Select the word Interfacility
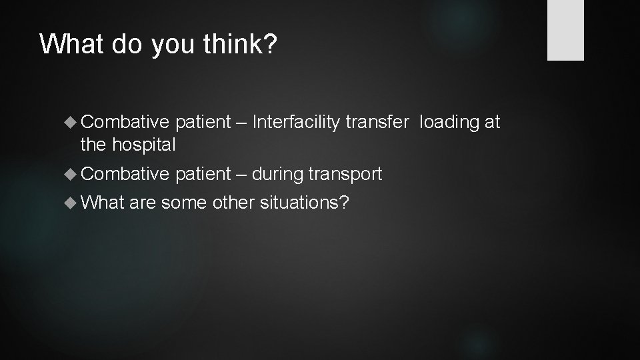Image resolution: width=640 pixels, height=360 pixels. pos(297,123)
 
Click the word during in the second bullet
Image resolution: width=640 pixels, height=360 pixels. pos(278,174)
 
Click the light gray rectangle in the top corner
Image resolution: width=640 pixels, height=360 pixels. pos(565,30)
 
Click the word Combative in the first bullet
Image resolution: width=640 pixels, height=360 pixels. pos(125,123)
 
